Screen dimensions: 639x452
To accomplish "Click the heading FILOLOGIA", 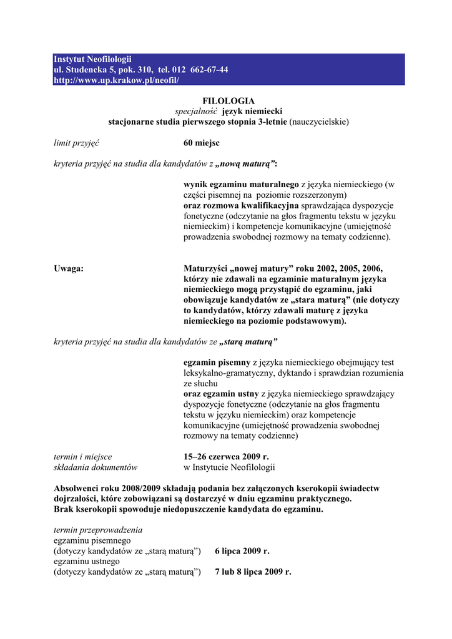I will click(228, 100).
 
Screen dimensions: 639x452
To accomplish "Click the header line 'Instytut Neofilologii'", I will click(92, 59).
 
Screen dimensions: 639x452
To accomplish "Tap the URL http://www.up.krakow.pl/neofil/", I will click(116, 80).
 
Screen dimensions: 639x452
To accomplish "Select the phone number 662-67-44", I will click(208, 69).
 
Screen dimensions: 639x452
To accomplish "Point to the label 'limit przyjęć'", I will click(77, 143).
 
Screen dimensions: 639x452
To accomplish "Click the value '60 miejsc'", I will click(201, 143).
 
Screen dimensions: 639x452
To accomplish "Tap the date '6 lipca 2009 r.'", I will click(242, 551).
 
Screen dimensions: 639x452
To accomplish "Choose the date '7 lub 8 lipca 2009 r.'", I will click(253, 572).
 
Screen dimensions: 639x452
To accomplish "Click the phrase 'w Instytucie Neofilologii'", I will click(228, 467).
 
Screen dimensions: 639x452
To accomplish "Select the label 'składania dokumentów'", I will click(96, 467).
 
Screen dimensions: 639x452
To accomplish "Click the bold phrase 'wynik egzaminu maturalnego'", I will click(241, 185).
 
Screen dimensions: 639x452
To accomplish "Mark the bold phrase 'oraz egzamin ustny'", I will click(221, 394).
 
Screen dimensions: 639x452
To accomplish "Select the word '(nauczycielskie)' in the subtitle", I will click(319, 122).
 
